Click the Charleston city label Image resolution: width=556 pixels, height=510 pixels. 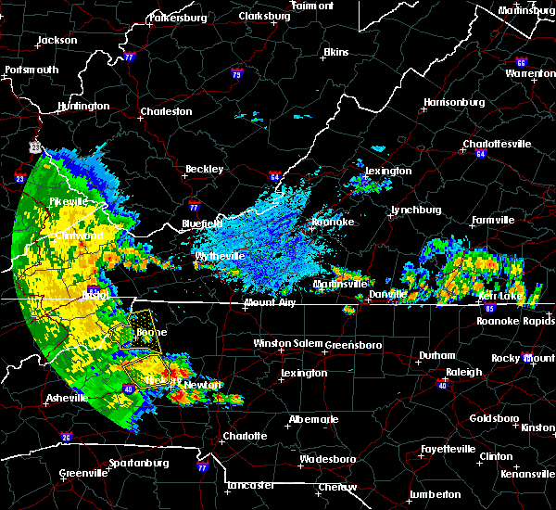pos(166,112)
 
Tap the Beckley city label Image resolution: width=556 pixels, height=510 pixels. pos(204,170)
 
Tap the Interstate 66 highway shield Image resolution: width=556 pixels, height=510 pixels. pos(521,63)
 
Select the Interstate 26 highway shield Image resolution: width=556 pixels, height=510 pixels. pos(66,438)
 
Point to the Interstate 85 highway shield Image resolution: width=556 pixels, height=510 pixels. pos(488,307)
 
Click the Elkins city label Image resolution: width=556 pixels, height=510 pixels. pos(335,53)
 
